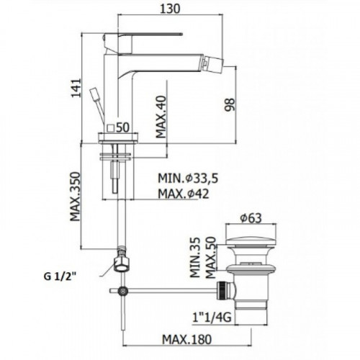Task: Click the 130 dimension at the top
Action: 170,9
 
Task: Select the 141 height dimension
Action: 76,88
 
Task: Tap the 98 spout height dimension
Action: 229,104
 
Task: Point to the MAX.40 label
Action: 161,117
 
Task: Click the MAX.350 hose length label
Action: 75,197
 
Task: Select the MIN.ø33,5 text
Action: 188,179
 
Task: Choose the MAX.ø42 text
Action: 184,194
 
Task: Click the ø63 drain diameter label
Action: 251,218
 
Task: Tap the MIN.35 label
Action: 195,258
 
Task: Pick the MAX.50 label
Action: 211,258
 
